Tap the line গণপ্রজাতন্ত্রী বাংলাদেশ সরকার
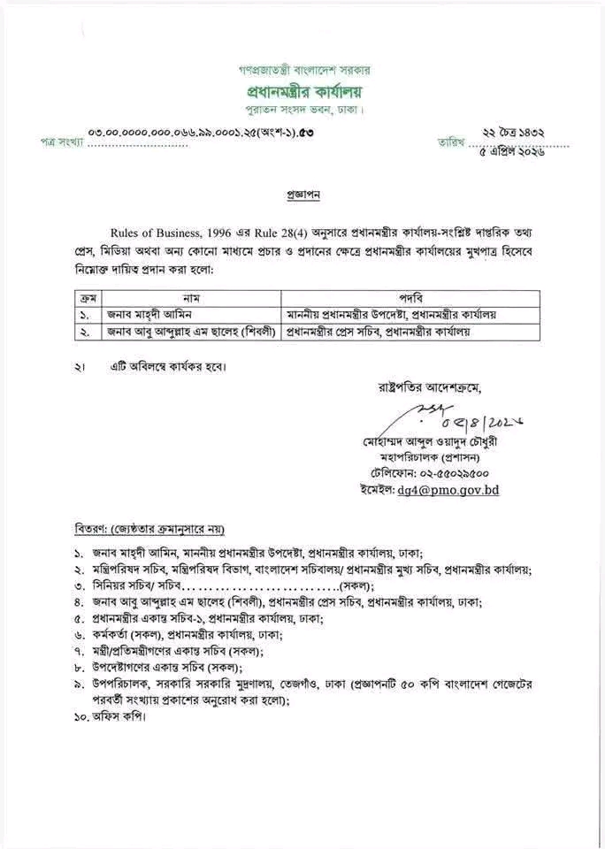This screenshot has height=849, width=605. pos(304,68)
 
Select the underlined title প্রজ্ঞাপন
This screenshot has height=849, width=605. pos(303,190)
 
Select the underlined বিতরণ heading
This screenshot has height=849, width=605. pos(149,529)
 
